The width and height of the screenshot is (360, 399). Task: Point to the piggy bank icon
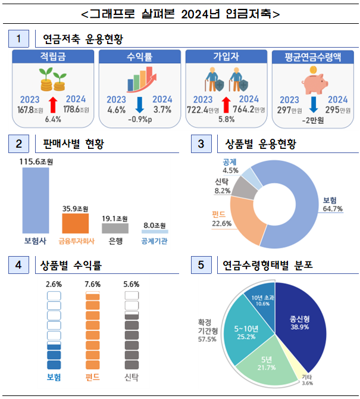pyautogui.click(x=313, y=80)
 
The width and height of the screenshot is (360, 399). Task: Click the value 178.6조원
pyautogui.click(x=76, y=110)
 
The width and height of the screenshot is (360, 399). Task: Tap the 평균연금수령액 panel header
pyautogui.click(x=313, y=57)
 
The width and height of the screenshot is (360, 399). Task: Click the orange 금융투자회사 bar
pyautogui.click(x=76, y=223)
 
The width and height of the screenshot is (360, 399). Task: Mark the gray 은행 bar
pyautogui.click(x=115, y=228)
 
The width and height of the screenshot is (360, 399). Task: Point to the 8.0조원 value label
pyautogui.click(x=155, y=225)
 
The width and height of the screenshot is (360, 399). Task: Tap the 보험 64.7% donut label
pyautogui.click(x=331, y=204)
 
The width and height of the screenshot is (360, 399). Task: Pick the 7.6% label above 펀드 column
pyautogui.click(x=93, y=285)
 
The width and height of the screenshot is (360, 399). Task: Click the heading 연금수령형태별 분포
pyautogui.click(x=267, y=264)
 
